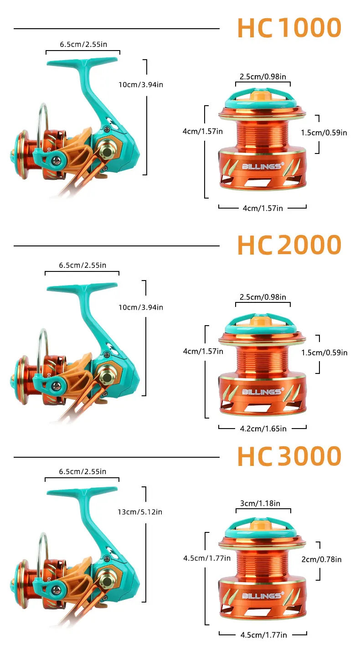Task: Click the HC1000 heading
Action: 289,28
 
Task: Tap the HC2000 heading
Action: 289,245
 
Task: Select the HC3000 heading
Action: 289,456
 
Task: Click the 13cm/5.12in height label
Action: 140,512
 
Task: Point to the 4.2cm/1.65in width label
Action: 263,429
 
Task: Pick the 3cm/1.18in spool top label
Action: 260,503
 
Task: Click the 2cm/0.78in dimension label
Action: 321,559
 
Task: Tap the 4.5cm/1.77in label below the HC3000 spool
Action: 263,635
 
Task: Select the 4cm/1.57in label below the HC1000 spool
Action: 262,208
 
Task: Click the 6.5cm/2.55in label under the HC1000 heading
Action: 83,44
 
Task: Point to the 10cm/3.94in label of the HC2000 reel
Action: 140,307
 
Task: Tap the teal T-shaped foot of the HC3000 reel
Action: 82,492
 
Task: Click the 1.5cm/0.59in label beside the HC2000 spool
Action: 324,353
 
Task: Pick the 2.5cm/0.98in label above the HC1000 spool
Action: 262,77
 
